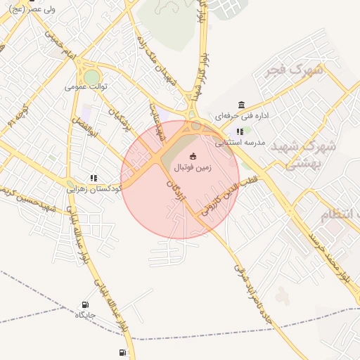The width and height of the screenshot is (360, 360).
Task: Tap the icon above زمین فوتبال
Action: (194, 156)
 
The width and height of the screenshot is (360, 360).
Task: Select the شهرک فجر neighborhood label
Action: (296, 70)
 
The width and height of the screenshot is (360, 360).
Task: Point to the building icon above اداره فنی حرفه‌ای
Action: (242, 105)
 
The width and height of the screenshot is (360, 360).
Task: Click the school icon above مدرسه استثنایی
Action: (240, 131)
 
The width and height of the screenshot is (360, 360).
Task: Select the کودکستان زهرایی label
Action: (94, 188)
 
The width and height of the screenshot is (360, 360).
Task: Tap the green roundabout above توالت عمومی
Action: (91, 76)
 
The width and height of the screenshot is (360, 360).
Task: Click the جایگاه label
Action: (85, 315)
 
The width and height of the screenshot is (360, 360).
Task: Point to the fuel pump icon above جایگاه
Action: (85, 305)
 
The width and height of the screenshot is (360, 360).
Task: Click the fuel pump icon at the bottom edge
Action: (123, 352)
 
